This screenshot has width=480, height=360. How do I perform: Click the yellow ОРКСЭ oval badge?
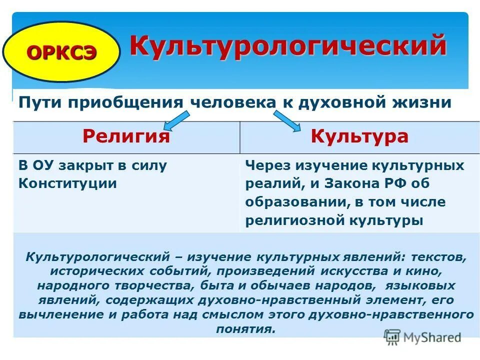click(x=61, y=52)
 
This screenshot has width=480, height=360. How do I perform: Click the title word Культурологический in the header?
click(x=288, y=46)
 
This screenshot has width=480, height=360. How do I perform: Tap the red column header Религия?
click(x=126, y=137)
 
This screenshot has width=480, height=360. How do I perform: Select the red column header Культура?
click(x=359, y=137)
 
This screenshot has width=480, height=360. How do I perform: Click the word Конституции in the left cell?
click(x=67, y=183)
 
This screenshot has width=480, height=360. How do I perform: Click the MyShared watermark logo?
click(x=423, y=336)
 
